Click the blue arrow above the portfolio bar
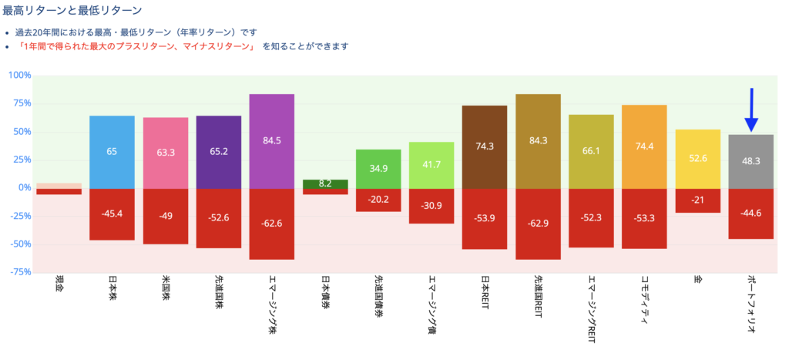coord(751,110)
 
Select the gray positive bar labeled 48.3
coord(751,161)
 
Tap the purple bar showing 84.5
coord(272,141)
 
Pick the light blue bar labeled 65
coord(112,152)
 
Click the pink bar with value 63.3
coord(166,153)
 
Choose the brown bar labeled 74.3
coord(485,146)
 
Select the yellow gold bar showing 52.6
coord(697,159)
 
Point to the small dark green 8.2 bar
coord(325,184)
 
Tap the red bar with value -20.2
coord(378,200)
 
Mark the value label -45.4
coord(112,214)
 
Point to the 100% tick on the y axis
coord(19,76)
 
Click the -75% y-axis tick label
coord(19,272)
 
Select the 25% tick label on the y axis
coord(22,160)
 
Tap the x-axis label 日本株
coord(112,289)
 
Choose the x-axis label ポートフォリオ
coord(751,304)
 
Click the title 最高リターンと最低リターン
coord(72,10)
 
